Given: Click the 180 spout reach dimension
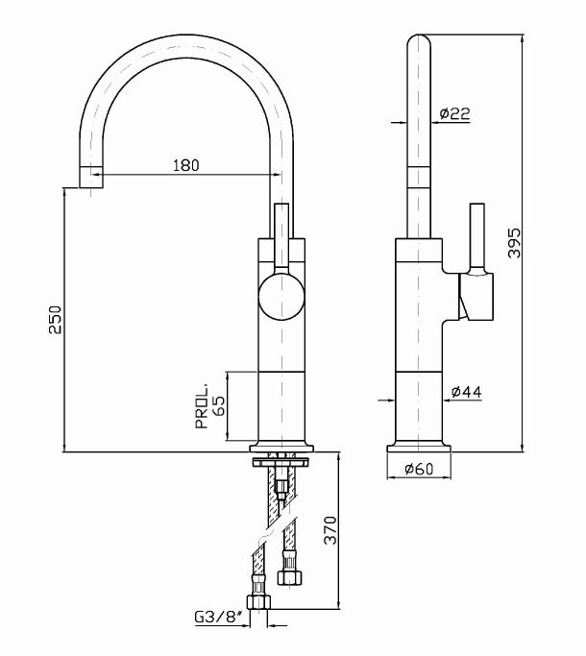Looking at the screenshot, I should [x=186, y=164].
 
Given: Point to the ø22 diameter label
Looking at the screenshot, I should [x=453, y=113].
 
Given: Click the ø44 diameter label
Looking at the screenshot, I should [x=465, y=391].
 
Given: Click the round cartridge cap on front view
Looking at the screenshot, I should [x=281, y=294].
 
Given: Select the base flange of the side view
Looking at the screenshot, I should [x=418, y=446].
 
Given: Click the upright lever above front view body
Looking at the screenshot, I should [x=281, y=235].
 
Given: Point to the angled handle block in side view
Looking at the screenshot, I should [x=476, y=295].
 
